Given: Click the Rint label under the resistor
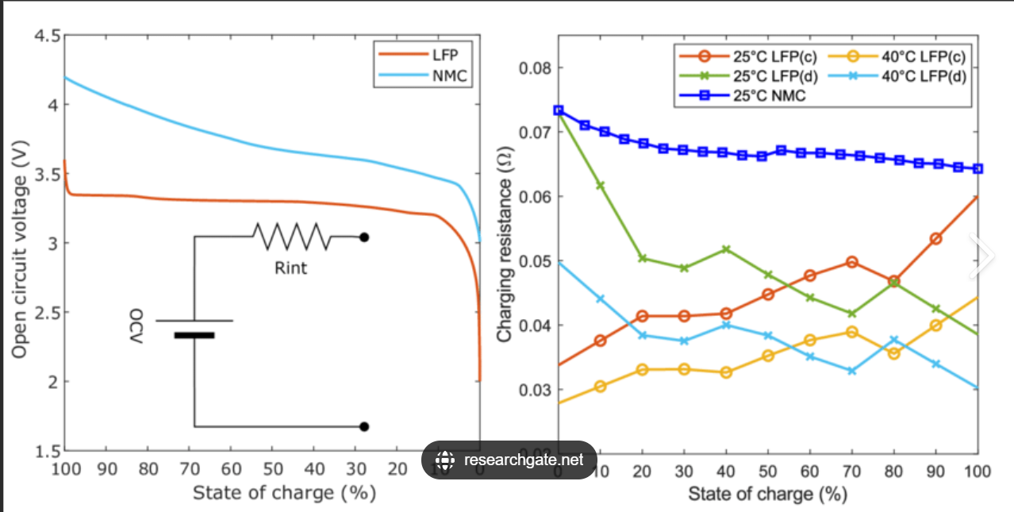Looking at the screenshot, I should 290,268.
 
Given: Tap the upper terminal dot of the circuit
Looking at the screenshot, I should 364,237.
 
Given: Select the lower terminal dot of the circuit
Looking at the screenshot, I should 364,426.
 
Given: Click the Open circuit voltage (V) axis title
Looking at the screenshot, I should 21,243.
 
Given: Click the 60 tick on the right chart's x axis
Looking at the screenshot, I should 809,471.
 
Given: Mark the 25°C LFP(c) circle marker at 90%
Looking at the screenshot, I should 935,239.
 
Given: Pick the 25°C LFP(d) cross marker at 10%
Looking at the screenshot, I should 600,185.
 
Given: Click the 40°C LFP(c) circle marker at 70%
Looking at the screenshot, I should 852,332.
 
